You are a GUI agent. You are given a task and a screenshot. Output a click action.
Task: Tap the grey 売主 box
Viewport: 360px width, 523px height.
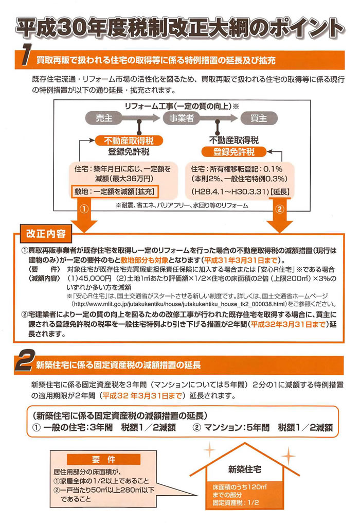point(104,118)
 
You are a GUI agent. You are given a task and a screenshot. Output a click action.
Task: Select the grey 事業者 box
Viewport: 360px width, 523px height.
point(182,118)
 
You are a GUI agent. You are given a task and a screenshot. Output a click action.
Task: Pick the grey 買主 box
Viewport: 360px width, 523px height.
point(259,118)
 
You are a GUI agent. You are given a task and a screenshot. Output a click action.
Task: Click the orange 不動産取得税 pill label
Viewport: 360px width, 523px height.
point(129,141)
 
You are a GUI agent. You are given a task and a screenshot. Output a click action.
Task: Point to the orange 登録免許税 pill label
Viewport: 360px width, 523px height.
point(233,152)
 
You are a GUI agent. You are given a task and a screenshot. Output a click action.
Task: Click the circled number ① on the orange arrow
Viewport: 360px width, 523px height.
point(84,209)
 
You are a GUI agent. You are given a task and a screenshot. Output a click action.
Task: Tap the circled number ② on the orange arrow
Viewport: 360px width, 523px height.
point(280,209)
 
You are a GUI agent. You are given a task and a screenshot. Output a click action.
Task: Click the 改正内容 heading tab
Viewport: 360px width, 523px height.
point(46,233)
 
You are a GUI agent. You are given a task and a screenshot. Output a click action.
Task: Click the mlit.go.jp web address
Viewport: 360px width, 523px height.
point(179,304)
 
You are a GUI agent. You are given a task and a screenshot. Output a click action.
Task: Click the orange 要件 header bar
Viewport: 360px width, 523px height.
point(104,460)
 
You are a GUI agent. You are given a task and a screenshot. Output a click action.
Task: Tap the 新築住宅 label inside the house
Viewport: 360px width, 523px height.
point(244,469)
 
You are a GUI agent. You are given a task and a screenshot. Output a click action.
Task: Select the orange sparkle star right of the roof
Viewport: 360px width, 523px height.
point(289,456)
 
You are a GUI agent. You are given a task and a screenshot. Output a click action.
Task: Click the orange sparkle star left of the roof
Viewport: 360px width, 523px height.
point(209,449)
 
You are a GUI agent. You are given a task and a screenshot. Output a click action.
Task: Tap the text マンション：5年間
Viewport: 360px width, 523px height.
point(237,427)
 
